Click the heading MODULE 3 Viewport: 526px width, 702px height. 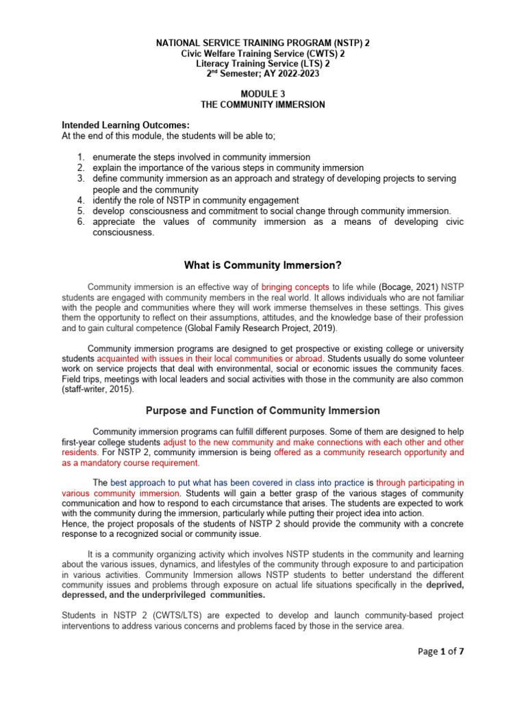[263, 95]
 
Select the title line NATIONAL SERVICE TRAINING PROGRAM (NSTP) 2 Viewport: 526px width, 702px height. [263, 43]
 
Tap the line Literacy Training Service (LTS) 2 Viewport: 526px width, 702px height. [263, 64]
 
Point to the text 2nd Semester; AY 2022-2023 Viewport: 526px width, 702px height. [263, 74]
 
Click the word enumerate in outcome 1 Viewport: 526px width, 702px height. [114, 157]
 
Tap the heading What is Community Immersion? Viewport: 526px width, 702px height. [263, 265]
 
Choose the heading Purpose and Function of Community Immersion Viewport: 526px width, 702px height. [263, 411]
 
